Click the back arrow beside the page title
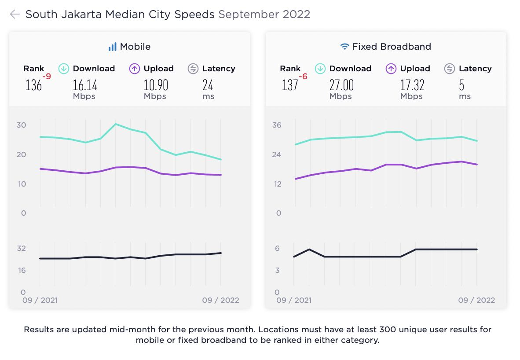(15, 15)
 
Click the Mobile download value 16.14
(85, 84)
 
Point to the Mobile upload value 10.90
(156, 84)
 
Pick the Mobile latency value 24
(208, 84)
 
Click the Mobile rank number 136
(33, 84)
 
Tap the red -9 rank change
(47, 77)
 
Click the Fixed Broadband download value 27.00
(341, 84)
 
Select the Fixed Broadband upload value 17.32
(412, 84)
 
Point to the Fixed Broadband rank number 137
(290, 84)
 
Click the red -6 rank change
(303, 77)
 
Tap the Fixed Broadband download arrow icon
(320, 69)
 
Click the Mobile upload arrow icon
(135, 69)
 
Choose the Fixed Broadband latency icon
(449, 69)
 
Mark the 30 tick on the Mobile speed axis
(22, 125)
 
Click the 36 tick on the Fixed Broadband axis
(277, 125)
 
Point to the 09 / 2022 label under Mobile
(220, 300)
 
